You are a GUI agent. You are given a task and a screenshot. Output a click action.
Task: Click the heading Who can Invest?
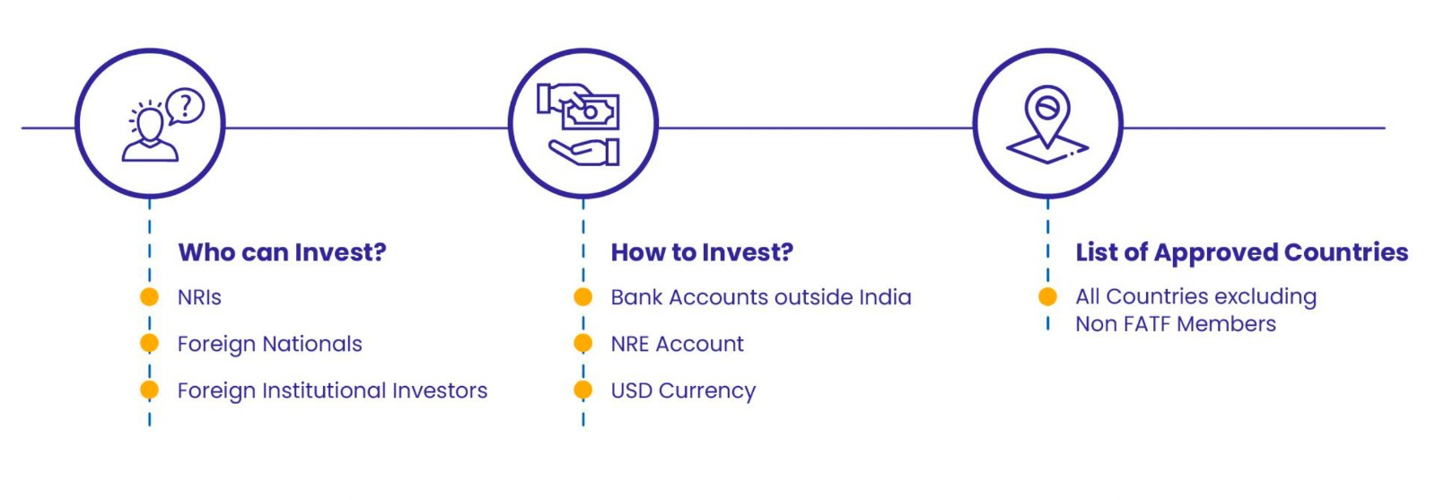click(282, 252)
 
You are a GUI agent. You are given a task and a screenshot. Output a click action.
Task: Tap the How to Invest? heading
click(702, 252)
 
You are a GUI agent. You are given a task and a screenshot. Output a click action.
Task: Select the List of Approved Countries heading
click(1241, 252)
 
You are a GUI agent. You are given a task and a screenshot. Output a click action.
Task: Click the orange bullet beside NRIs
click(150, 297)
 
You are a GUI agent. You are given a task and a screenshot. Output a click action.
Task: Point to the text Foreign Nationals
click(269, 344)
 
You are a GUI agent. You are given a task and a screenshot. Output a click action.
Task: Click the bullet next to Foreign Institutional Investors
click(150, 390)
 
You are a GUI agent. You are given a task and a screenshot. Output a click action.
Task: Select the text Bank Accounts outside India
click(760, 297)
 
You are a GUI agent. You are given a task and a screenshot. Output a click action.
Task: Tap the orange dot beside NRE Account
click(583, 344)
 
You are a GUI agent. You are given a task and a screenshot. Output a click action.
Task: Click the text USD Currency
click(683, 390)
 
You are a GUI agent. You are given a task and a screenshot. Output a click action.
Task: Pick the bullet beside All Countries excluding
click(1047, 296)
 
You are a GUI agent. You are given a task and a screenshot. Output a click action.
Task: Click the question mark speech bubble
click(186, 106)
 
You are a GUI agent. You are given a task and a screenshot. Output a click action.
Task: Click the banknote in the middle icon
click(592, 113)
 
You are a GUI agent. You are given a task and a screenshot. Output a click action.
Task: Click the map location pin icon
click(1047, 112)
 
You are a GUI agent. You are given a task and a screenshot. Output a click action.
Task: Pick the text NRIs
click(199, 297)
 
